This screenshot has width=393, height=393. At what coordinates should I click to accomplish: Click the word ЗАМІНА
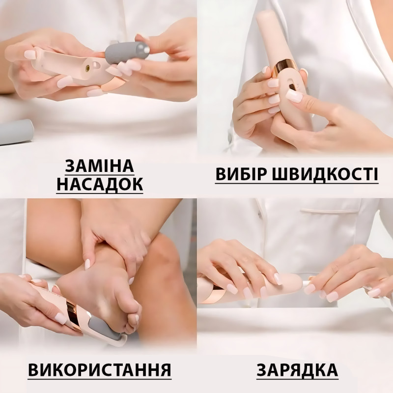[x=100, y=166]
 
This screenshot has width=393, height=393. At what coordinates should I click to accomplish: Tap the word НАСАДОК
[x=100, y=184]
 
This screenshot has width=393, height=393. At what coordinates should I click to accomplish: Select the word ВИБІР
[x=241, y=174]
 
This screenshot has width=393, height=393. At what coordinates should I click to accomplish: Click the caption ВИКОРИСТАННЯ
[x=100, y=370]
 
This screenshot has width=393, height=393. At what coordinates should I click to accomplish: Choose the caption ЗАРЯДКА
[x=297, y=370]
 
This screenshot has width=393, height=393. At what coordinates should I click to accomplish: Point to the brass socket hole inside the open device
[x=87, y=67]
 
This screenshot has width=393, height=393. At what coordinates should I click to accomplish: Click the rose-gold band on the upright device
[x=286, y=67]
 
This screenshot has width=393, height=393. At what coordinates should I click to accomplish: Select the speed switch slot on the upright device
[x=292, y=86]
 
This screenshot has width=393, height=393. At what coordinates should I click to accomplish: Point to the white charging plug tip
[x=306, y=284]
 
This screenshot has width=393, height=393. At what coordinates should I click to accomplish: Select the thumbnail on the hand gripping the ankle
[x=87, y=264]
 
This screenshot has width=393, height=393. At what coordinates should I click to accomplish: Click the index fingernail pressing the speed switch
[x=294, y=96]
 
